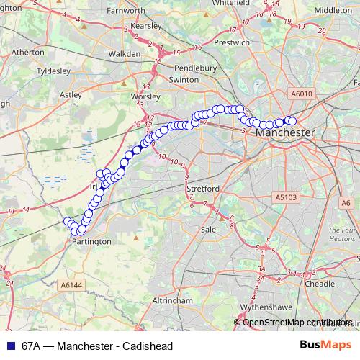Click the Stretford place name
tap(202, 189)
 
